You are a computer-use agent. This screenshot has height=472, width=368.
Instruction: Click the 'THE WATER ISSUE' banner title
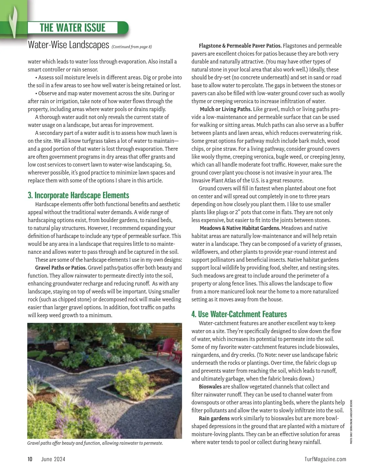point(72,28)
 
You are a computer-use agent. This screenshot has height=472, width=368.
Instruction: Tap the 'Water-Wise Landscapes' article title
point(68,45)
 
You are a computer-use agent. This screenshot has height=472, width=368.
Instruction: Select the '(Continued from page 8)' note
point(132,47)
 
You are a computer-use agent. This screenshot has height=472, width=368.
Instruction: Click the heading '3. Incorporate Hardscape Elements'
point(78,195)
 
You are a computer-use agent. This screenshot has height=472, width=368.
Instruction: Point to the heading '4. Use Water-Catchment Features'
point(239,314)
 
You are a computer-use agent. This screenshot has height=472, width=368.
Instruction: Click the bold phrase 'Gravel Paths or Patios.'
point(61,268)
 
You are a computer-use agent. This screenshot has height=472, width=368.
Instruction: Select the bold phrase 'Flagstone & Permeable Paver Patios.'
point(240,46)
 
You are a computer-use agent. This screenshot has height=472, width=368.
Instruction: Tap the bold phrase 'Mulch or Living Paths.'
point(226,109)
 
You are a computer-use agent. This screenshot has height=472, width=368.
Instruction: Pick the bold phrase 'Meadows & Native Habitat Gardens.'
point(240,228)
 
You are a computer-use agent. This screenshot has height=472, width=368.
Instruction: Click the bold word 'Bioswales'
point(210,386)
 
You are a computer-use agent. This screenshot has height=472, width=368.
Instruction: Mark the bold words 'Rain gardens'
point(214,418)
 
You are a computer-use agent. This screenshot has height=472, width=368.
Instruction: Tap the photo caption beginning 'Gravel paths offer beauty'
point(95,443)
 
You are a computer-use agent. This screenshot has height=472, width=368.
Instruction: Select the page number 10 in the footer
point(30,459)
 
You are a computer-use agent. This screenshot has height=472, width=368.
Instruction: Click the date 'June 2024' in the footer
point(53,459)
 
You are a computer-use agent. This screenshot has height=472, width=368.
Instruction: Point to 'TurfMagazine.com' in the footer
point(325,459)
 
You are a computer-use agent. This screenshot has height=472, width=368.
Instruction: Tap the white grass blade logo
point(13,21)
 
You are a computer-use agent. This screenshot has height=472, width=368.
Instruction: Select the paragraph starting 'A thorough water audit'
point(98,121)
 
